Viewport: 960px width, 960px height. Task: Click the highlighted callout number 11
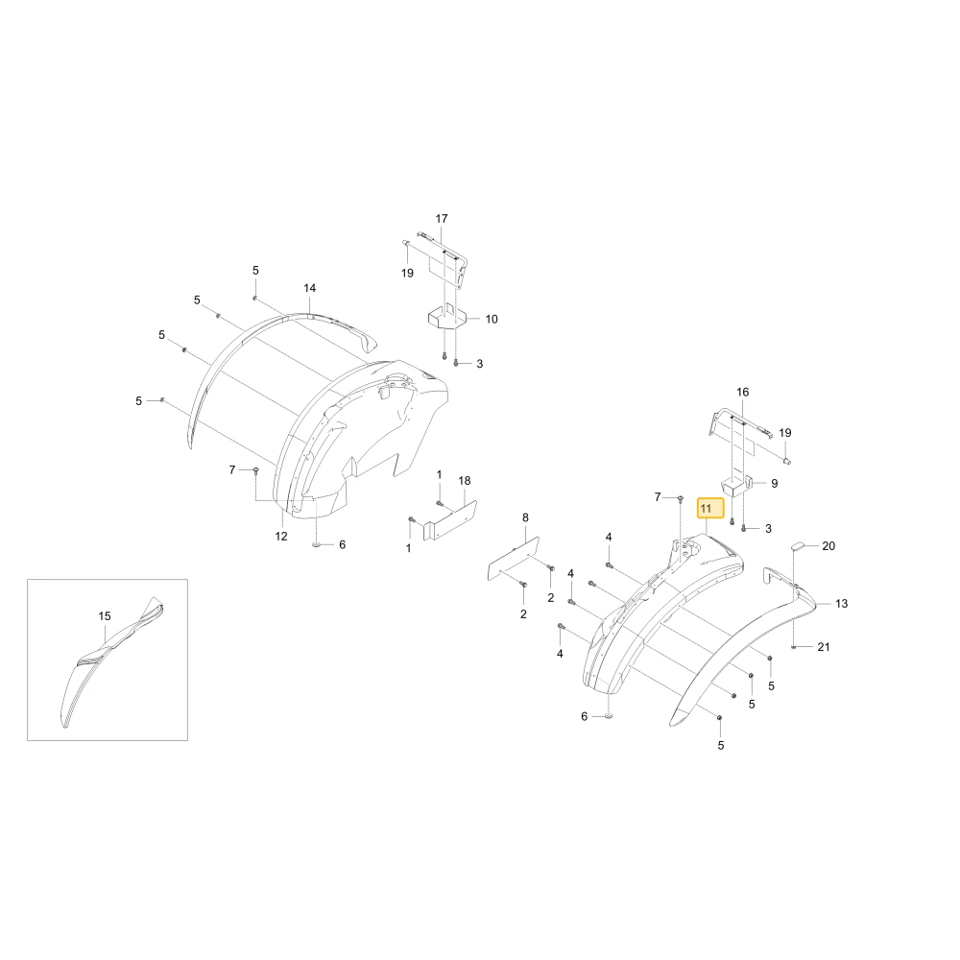[x=706, y=509]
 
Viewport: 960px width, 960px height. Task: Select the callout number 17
[x=442, y=219]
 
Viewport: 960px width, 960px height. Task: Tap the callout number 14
[x=310, y=288]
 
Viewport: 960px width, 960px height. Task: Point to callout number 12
[x=281, y=537]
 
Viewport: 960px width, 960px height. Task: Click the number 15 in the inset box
[x=105, y=616]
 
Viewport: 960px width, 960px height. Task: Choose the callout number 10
[x=492, y=319]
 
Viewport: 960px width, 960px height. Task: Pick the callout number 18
[x=465, y=481]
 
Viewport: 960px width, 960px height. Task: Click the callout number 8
[x=525, y=518]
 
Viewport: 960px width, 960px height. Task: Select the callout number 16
[x=743, y=392]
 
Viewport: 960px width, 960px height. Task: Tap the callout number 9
[x=775, y=484]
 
